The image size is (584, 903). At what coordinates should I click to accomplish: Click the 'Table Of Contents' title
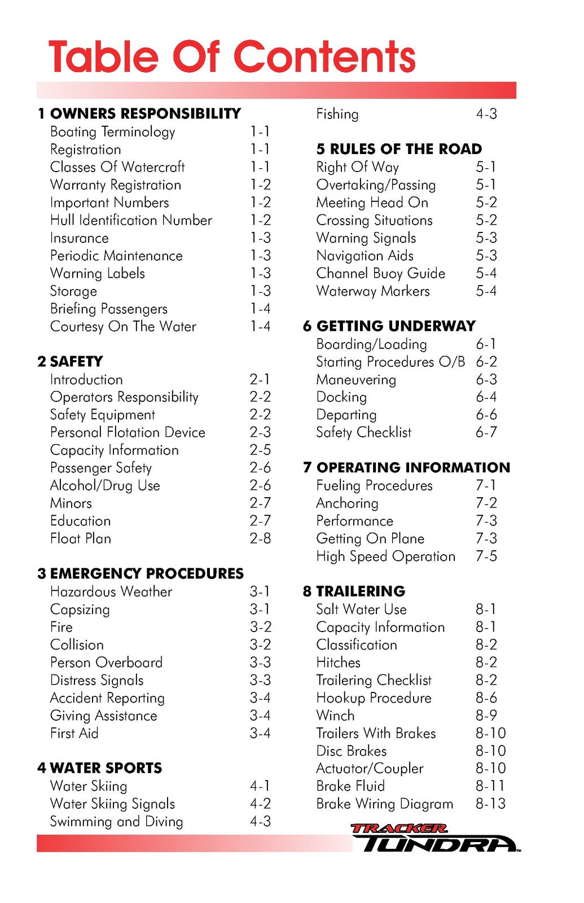(232, 57)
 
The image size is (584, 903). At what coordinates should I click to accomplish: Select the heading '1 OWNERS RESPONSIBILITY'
(139, 113)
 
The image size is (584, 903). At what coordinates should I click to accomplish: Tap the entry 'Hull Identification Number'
(131, 220)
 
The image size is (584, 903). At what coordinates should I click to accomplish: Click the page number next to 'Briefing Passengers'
(260, 309)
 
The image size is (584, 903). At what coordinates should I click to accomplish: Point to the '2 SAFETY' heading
(70, 361)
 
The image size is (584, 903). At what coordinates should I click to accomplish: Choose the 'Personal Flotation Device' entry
(128, 432)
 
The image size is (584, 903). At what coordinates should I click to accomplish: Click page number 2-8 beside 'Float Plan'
(260, 538)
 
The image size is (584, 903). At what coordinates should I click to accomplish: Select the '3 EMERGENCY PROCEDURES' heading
(140, 573)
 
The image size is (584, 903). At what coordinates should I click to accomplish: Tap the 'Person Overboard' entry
(106, 662)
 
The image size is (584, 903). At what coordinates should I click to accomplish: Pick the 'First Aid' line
(74, 733)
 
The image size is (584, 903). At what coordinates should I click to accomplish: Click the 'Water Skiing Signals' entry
(112, 804)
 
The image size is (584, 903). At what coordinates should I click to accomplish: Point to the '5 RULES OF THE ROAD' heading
(399, 149)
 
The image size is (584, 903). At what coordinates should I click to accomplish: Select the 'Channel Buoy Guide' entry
(380, 273)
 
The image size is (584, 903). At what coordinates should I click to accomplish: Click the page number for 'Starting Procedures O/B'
(486, 362)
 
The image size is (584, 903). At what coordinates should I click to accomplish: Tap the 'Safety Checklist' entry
(363, 432)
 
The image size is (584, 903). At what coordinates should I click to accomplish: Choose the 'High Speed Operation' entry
(385, 556)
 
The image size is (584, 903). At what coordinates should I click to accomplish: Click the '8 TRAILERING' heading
(354, 591)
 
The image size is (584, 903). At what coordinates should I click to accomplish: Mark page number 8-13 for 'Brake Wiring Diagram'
(490, 804)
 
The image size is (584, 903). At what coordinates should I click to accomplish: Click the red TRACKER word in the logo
(398, 829)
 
